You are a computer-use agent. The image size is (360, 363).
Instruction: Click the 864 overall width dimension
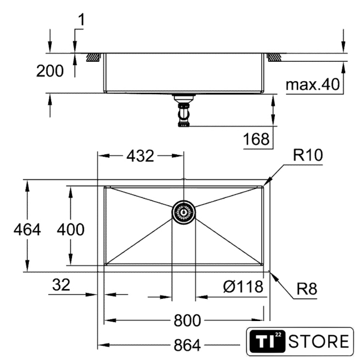187,345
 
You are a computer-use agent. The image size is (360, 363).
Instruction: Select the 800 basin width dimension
187,320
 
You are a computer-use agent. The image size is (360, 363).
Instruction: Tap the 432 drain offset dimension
140,156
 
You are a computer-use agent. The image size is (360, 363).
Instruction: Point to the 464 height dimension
27,230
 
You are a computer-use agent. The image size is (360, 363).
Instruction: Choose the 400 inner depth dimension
71,230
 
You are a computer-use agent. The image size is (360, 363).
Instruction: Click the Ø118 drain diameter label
243,286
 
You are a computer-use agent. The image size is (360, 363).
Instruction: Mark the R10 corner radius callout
308,155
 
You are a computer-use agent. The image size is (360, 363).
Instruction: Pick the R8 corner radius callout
307,289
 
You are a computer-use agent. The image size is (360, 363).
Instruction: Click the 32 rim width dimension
61,285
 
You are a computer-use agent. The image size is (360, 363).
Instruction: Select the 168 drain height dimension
256,139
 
